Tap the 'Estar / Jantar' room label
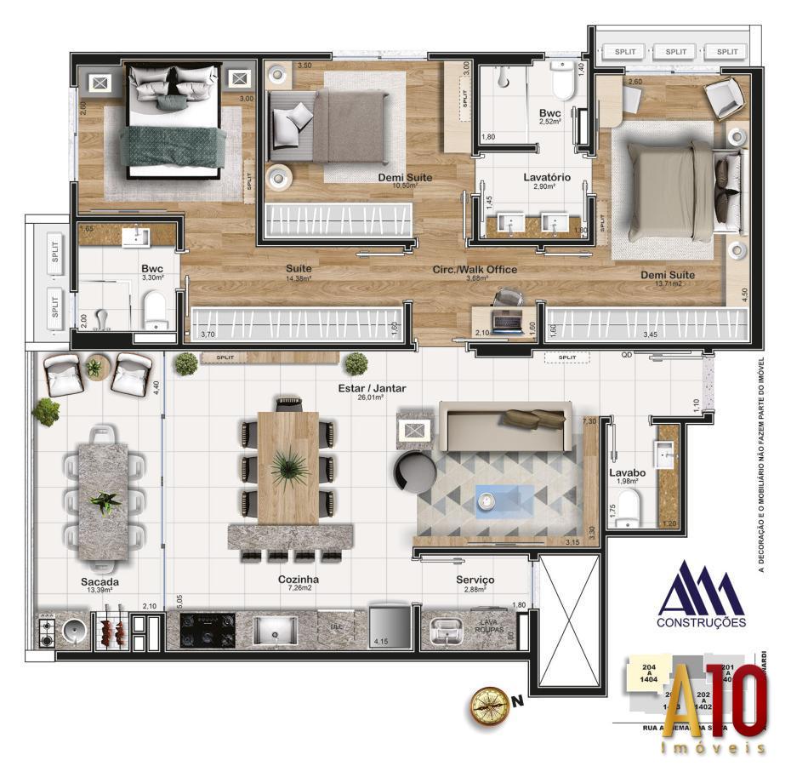(x=371, y=388)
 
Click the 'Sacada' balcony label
(x=100, y=582)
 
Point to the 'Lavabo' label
(x=627, y=472)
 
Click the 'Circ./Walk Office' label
(x=475, y=270)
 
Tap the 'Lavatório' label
(x=545, y=177)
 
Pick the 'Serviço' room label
(x=474, y=579)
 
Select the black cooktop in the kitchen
(x=207, y=631)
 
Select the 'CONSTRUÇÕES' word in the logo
(x=702, y=621)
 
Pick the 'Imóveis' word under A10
(x=713, y=748)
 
